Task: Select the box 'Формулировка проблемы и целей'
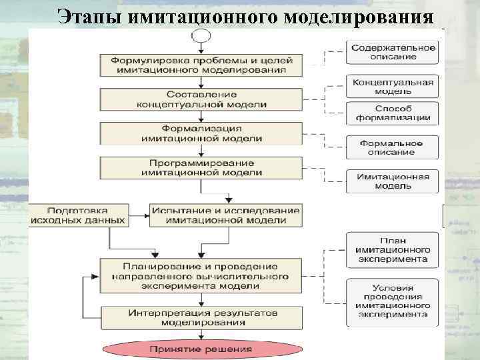tap(201, 64)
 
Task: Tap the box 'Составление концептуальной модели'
tap(201, 100)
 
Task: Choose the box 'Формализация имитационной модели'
tap(201, 133)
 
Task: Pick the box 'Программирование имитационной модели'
tap(201, 167)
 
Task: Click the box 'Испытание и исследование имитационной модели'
tap(226, 215)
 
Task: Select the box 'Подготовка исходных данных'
tap(77, 215)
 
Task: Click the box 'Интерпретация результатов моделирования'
tap(201, 317)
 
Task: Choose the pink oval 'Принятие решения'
tap(201, 349)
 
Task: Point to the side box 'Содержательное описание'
tap(393, 52)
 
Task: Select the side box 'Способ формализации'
tap(393, 113)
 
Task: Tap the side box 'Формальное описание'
tap(393, 147)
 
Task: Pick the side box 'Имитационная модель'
tap(393, 181)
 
